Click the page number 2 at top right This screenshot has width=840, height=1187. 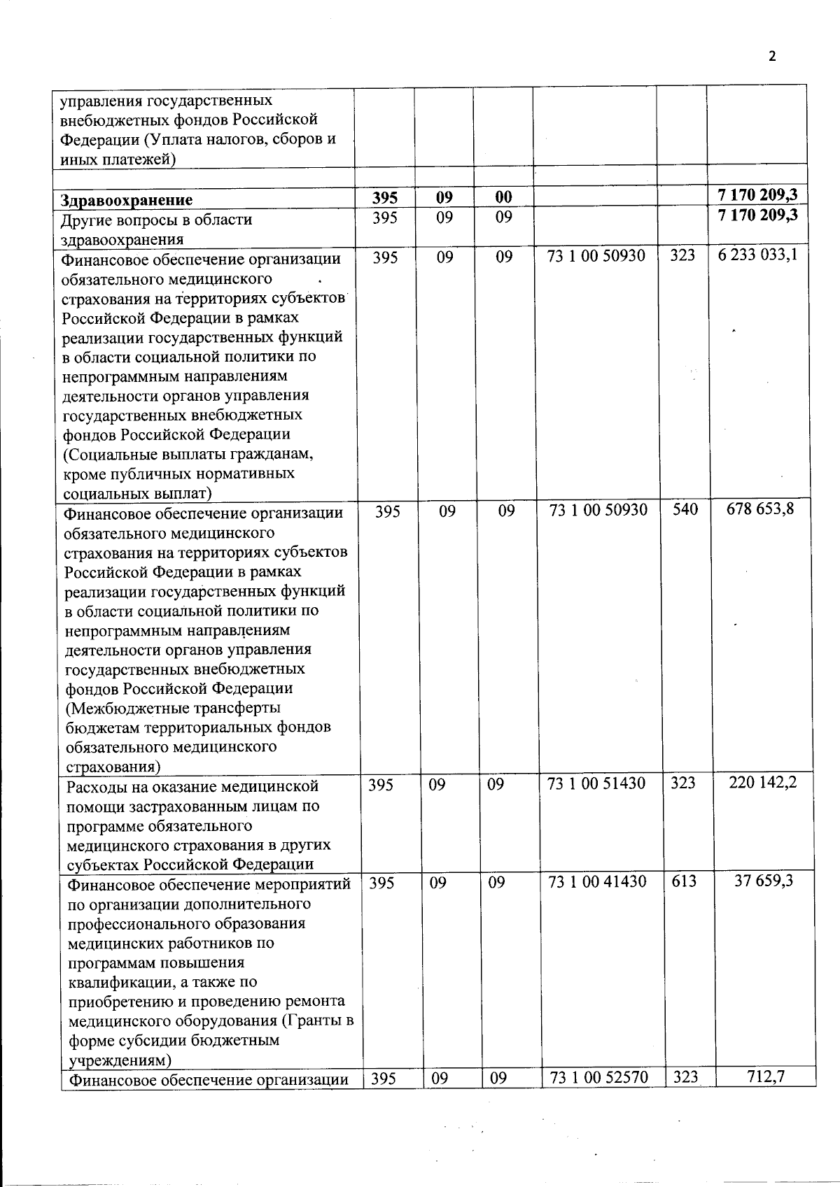point(773,57)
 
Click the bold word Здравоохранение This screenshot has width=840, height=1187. point(127,200)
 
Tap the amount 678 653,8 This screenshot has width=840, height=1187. point(762,509)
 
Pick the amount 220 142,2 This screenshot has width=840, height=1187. point(762,783)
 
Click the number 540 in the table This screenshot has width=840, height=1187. point(685,510)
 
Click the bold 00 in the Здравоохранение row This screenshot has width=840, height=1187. point(503,198)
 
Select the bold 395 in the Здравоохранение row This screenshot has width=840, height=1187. point(386,198)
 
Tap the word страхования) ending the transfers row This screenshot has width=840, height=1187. point(112,767)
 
